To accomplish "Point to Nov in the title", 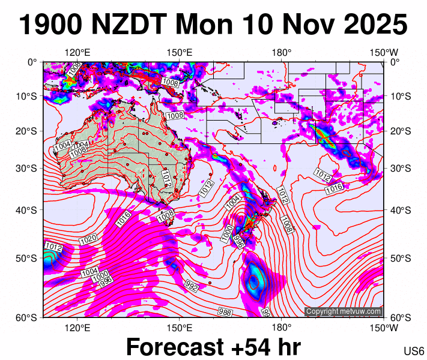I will tap(304, 25).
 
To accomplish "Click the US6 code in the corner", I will tap(414, 351).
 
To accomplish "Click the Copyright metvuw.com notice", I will tap(343, 311).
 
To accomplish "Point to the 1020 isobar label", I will tap(88, 239).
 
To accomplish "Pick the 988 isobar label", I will tap(225, 311).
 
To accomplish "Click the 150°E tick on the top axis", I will tap(180, 52).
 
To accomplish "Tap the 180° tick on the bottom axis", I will tap(282, 328).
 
